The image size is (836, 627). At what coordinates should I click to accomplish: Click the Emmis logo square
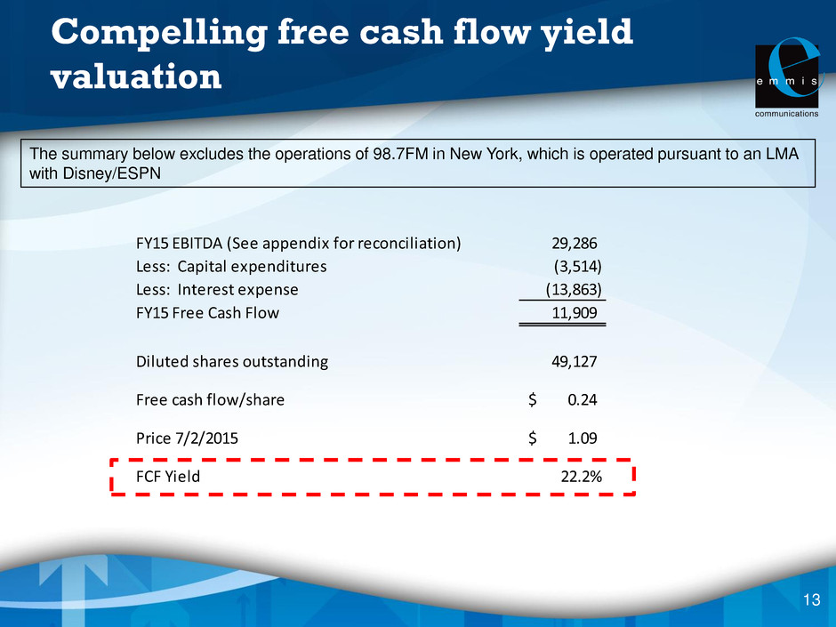[787, 76]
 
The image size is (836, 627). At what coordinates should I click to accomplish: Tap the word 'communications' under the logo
[787, 114]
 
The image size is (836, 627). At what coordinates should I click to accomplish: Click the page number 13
[811, 599]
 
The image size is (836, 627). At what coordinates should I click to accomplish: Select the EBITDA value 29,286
[575, 244]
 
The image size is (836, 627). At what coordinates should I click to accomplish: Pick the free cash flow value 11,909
[575, 313]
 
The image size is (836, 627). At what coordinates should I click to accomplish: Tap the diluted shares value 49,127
[575, 362]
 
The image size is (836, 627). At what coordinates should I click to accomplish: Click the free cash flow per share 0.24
[583, 400]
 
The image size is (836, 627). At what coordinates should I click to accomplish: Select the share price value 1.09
[583, 438]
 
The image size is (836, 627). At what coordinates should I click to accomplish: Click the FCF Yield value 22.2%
[581, 477]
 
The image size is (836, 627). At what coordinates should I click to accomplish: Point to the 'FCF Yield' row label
[168, 476]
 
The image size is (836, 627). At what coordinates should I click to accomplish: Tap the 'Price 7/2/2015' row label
[187, 438]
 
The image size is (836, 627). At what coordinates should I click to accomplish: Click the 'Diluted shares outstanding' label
[232, 361]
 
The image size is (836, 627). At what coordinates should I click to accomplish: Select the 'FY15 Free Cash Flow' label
[207, 312]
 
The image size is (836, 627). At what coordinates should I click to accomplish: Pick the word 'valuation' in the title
[136, 76]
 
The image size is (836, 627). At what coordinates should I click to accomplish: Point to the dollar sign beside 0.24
[532, 400]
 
